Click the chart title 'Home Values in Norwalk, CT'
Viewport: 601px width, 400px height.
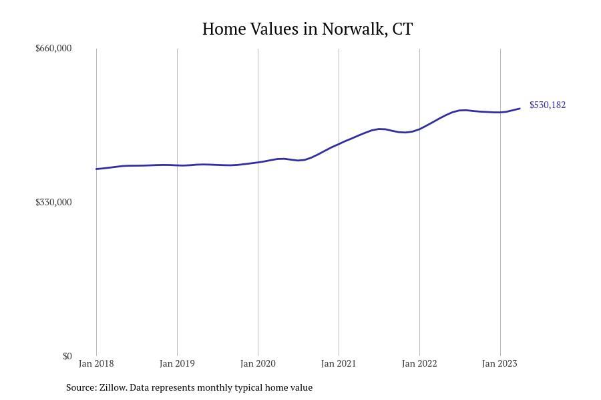click(x=307, y=29)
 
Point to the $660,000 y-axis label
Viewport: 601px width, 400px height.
click(x=53, y=48)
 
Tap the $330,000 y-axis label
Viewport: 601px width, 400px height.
click(x=53, y=202)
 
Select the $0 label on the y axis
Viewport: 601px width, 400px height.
click(x=67, y=356)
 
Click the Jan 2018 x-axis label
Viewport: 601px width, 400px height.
click(x=96, y=363)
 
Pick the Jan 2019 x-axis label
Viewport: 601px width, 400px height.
click(x=177, y=363)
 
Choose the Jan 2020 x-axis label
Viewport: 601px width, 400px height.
click(x=258, y=363)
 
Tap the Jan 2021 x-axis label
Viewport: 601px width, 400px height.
click(x=339, y=363)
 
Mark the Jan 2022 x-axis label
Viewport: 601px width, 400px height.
click(x=419, y=363)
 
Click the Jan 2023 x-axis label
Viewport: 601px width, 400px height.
click(x=499, y=363)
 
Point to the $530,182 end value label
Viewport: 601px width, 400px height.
click(x=548, y=105)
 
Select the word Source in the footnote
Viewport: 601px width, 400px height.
click(x=80, y=387)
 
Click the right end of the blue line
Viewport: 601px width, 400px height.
click(x=520, y=109)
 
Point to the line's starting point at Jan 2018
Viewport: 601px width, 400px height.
click(x=97, y=169)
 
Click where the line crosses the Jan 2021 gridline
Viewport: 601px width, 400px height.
click(x=339, y=143)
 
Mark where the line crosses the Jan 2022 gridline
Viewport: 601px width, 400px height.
click(x=419, y=129)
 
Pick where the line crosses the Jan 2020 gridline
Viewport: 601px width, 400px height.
click(x=258, y=162)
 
